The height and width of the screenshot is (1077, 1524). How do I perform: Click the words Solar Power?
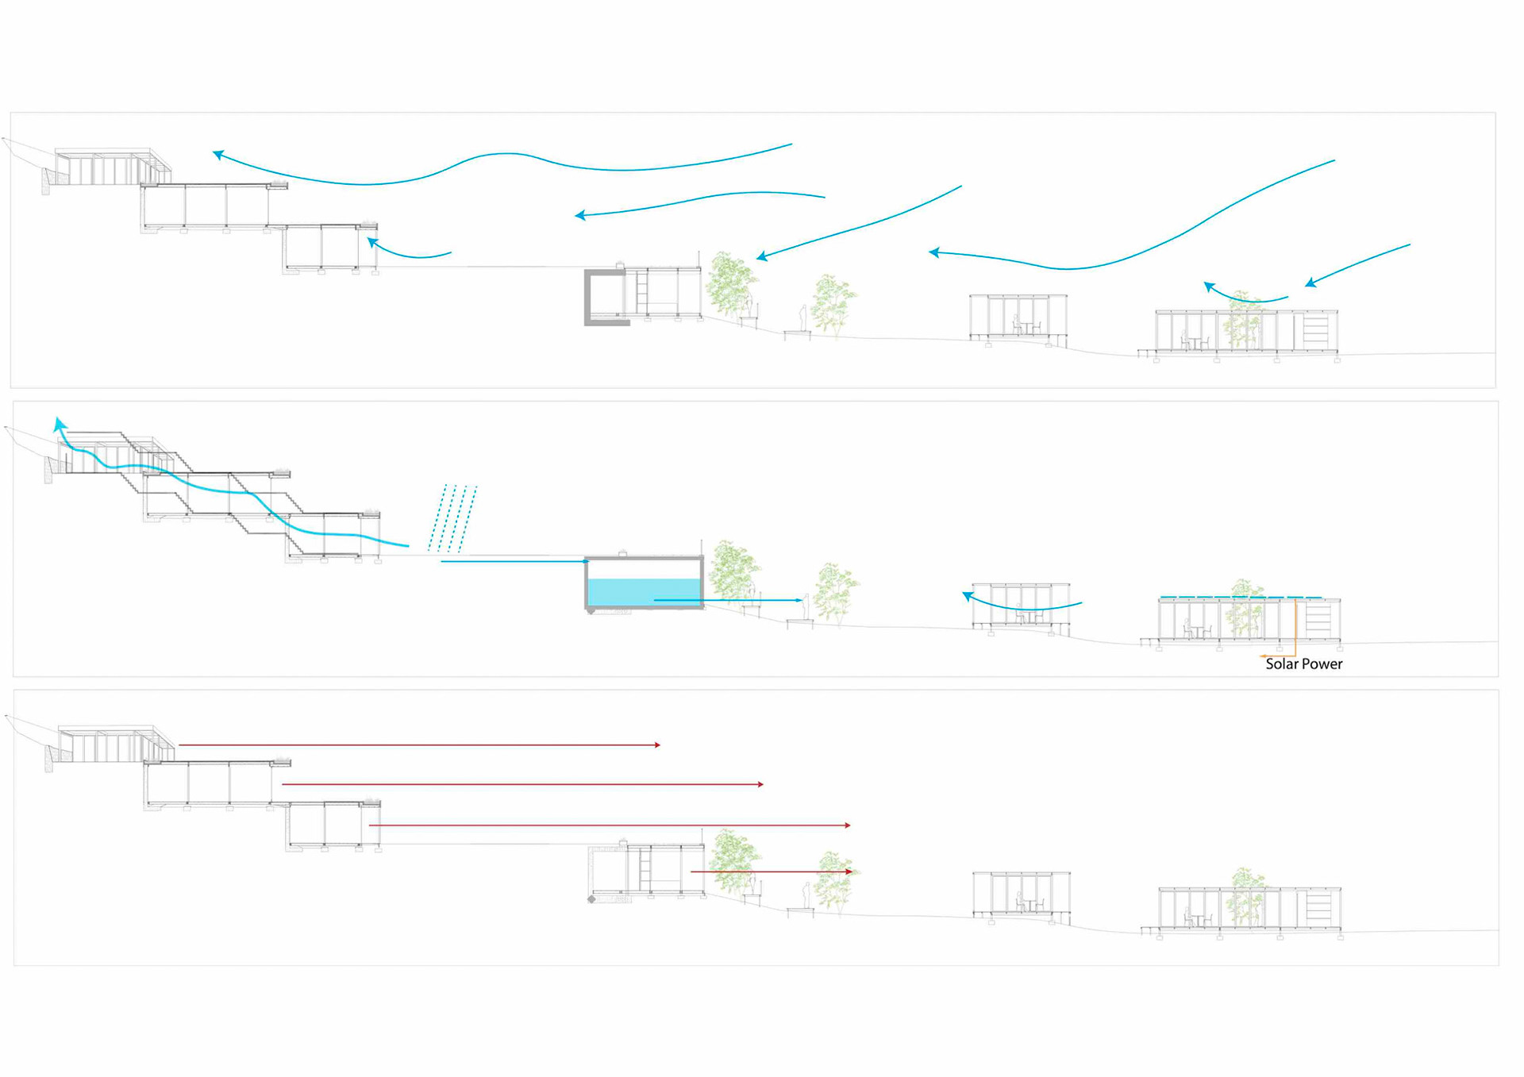point(1303,664)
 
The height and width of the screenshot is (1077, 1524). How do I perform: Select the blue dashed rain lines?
point(452,517)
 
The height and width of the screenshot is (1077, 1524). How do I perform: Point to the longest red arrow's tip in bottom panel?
point(849,825)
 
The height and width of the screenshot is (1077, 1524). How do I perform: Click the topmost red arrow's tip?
point(658,745)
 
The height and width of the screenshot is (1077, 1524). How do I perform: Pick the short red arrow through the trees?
point(770,871)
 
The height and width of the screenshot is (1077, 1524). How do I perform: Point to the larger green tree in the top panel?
point(730,284)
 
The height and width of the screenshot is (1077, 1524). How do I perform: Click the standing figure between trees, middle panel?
point(806,608)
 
